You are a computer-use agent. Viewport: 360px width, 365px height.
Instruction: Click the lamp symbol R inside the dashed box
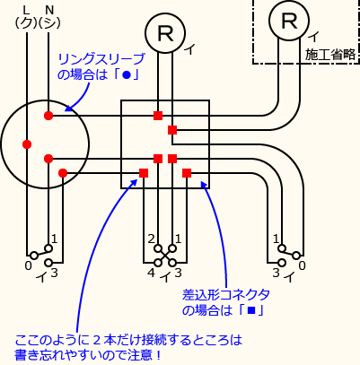click(287, 20)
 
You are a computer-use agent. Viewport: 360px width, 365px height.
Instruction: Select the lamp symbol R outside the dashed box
click(164, 33)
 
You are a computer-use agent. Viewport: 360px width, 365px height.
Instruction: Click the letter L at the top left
click(25, 10)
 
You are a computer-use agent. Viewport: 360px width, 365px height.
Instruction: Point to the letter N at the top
click(48, 10)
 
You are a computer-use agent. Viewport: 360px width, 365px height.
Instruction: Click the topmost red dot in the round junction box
click(48, 116)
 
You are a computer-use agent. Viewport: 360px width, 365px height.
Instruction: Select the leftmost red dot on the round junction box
click(27, 143)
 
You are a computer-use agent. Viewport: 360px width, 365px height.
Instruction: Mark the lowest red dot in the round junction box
click(62, 172)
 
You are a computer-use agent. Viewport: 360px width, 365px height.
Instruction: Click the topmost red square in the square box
click(158, 116)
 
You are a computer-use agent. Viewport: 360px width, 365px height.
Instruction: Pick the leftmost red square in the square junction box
click(144, 172)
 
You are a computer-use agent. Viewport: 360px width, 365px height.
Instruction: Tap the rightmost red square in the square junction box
click(187, 172)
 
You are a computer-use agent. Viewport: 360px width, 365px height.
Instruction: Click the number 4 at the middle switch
click(152, 272)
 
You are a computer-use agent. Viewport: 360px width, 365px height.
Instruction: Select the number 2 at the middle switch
click(152, 239)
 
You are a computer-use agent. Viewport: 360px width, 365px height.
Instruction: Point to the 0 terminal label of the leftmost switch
click(28, 266)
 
